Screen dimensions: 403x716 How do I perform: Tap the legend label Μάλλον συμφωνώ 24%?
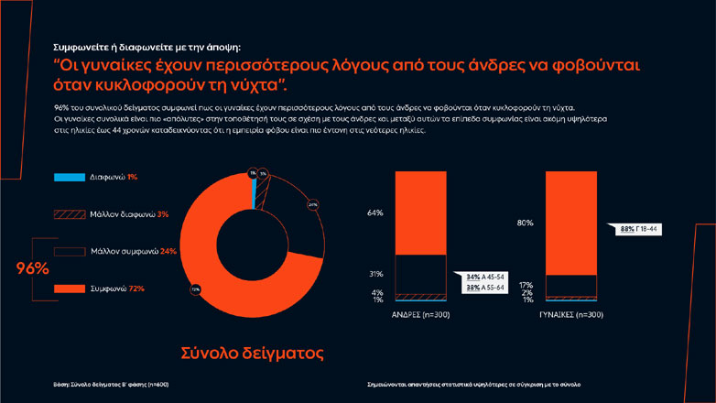click(x=128, y=250)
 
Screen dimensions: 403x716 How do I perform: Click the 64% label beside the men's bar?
click(x=375, y=212)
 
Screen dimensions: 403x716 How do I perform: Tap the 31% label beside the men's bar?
click(x=375, y=274)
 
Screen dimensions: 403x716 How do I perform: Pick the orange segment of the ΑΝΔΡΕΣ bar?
click(x=420, y=212)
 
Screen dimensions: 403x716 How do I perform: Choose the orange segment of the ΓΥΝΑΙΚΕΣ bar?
click(x=570, y=223)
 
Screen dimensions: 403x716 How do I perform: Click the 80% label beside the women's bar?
click(x=526, y=223)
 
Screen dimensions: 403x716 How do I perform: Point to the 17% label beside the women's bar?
click(x=526, y=284)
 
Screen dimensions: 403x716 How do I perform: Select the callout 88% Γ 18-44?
click(x=641, y=229)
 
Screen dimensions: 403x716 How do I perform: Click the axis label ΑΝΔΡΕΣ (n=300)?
click(x=420, y=315)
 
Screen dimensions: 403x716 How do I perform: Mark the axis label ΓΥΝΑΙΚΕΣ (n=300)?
click(x=570, y=315)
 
